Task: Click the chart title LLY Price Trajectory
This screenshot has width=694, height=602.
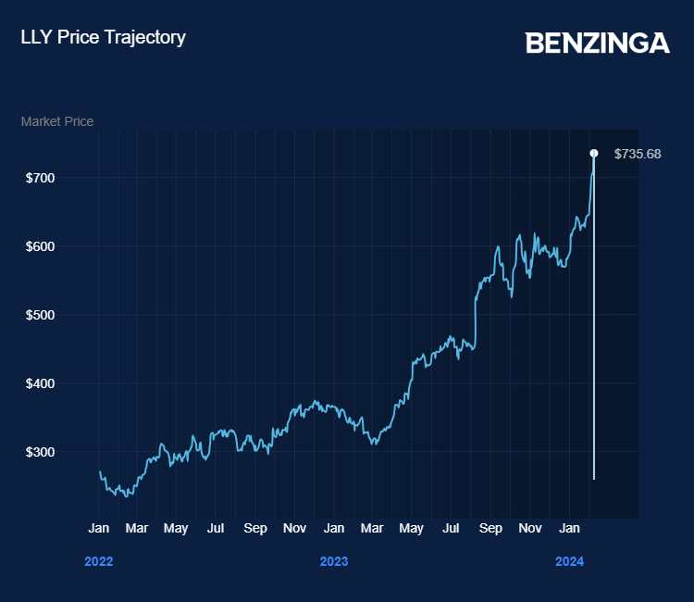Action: coord(103,37)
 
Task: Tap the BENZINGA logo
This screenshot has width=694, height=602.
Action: coord(597,43)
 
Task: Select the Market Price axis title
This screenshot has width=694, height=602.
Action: coord(57,121)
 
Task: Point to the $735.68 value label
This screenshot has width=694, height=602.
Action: coord(638,154)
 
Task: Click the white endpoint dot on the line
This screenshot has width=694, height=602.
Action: coord(594,153)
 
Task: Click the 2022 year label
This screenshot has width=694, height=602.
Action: coord(99,561)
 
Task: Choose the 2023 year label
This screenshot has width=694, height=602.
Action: coord(334,561)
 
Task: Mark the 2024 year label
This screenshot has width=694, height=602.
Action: coord(569,561)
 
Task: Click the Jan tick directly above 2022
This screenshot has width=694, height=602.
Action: coord(99,528)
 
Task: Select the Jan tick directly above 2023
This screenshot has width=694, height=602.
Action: coord(334,528)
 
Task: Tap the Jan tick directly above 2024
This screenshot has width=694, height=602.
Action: coord(570,528)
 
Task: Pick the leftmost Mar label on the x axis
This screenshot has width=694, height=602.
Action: coord(137,528)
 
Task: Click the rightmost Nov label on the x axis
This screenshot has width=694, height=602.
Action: coord(530,528)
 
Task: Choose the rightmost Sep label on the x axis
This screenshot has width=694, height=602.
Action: coord(491,528)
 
